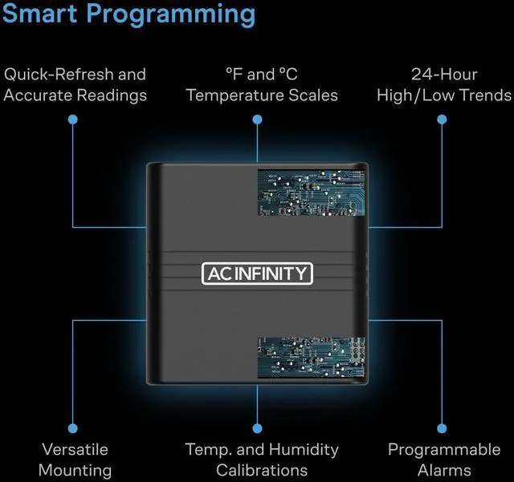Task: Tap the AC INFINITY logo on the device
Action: (x=256, y=273)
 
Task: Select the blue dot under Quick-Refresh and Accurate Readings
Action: (x=72, y=119)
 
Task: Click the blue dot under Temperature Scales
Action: (x=257, y=119)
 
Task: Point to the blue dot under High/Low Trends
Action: (x=442, y=119)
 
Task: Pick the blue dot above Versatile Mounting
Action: (x=72, y=428)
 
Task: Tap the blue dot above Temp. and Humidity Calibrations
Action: (x=257, y=428)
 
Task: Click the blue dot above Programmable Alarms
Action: (x=442, y=428)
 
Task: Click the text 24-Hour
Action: (x=444, y=75)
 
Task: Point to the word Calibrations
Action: (x=262, y=470)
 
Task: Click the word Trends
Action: (x=483, y=95)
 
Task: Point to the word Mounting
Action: (x=75, y=470)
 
